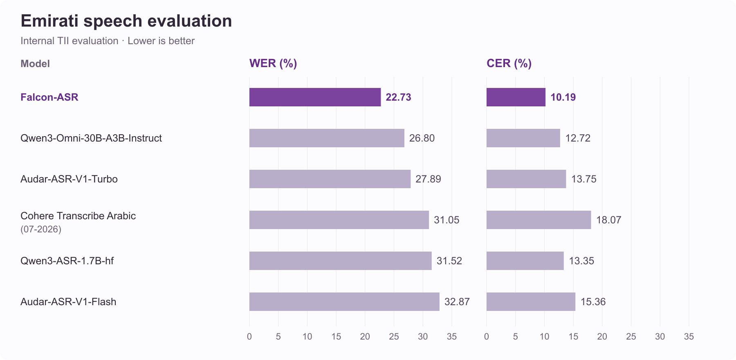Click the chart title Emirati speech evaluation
pos(126,21)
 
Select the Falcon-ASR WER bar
pos(315,97)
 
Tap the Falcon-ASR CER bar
pos(516,97)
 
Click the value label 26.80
pos(422,138)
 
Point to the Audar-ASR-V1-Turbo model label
pos(69,179)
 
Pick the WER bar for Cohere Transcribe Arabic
pos(339,220)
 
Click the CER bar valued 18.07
pos(539,220)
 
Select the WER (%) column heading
pos(273,63)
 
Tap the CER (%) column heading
pos(509,63)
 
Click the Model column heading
pos(35,64)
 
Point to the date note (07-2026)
pos(41,229)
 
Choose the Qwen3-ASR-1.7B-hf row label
pos(67,261)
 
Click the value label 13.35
pos(581,261)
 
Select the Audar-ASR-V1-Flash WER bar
pos(344,301)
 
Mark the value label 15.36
pos(593,301)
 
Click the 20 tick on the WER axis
pos(365,336)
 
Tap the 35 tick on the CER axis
pos(689,336)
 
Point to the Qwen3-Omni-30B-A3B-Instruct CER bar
pos(523,138)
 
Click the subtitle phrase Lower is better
pos(161,41)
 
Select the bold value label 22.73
pos(398,97)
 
